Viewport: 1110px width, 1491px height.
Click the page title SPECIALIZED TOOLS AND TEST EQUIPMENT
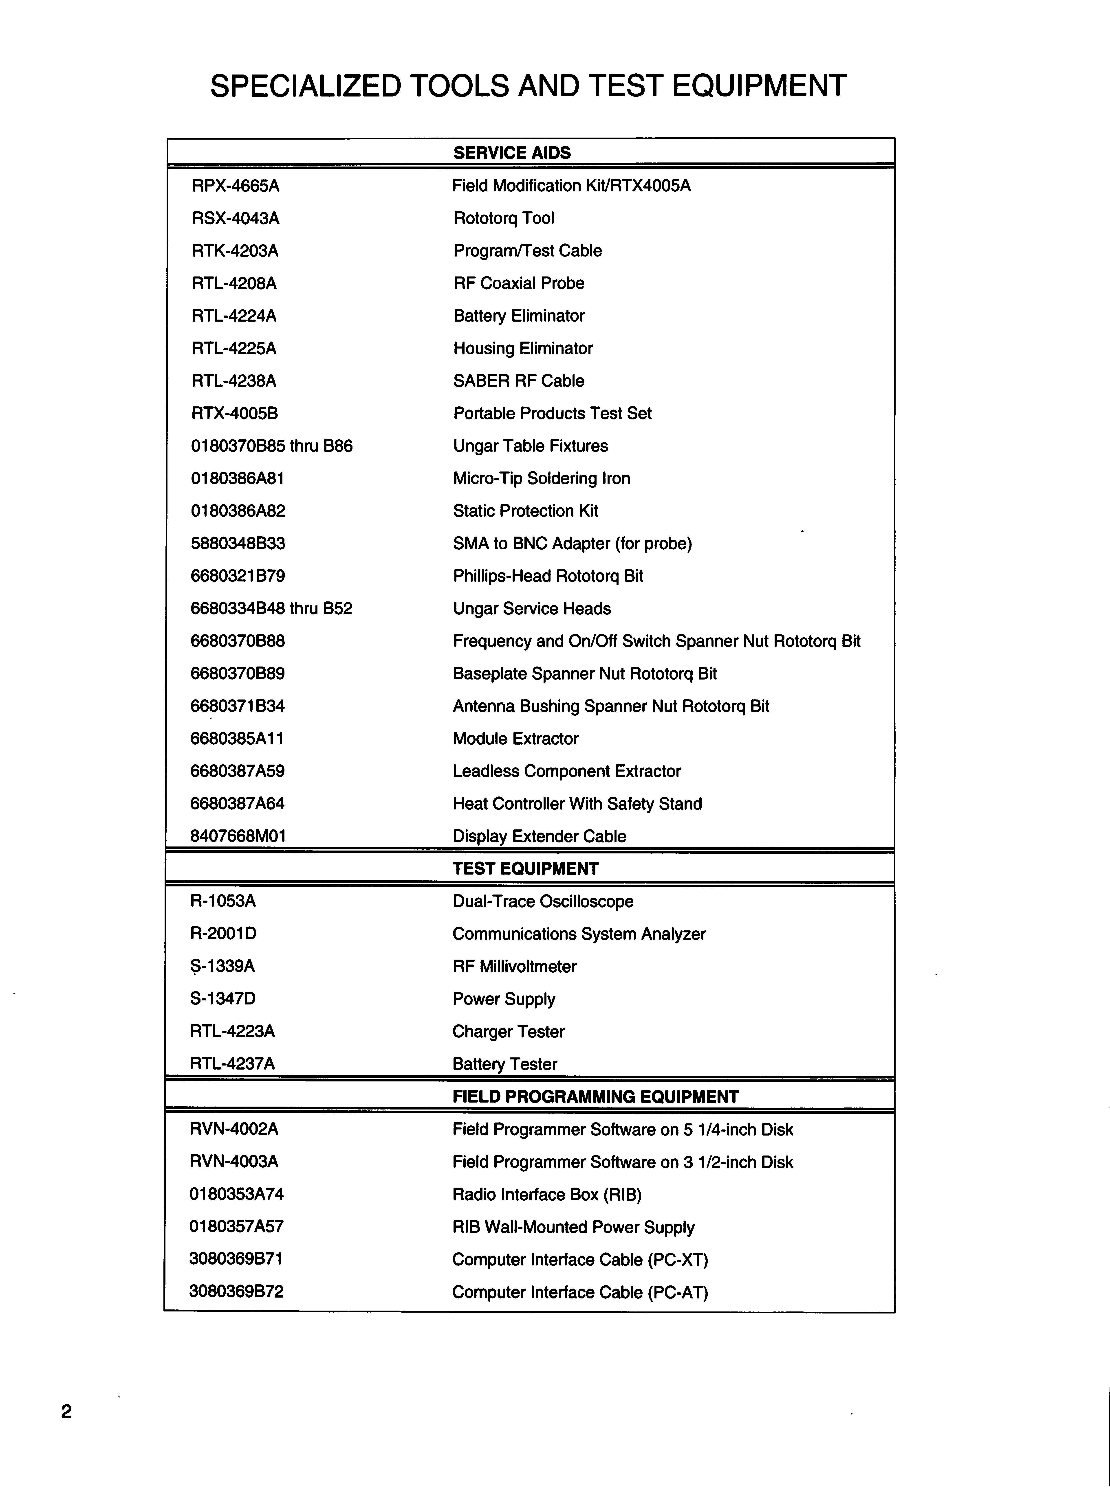(528, 86)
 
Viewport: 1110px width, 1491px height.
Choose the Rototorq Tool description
(503, 218)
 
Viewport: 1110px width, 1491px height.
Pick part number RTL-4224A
(234, 316)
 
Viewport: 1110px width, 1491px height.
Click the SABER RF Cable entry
(519, 381)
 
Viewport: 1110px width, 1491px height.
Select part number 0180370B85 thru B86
(271, 446)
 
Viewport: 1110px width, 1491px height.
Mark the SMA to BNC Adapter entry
(572, 543)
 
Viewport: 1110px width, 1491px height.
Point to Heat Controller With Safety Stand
(577, 804)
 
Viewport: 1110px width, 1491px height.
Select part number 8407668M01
(238, 836)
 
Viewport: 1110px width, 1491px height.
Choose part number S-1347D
(222, 999)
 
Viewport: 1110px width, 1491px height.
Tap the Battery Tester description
(505, 1064)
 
